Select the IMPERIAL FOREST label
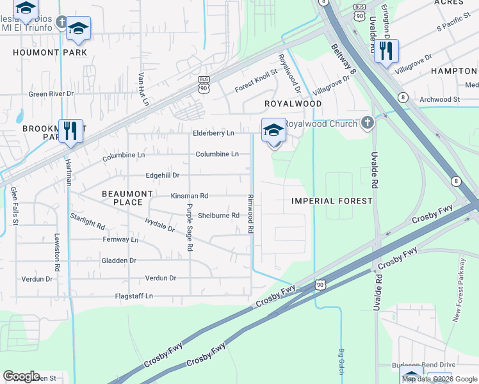[332, 201]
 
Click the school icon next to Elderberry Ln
[273, 131]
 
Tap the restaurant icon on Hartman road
[70, 131]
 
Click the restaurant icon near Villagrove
[386, 51]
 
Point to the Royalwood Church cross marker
[367, 122]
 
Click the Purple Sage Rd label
[189, 227]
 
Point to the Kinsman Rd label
[189, 195]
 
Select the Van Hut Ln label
[143, 88]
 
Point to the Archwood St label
[439, 100]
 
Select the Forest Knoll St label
[256, 81]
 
